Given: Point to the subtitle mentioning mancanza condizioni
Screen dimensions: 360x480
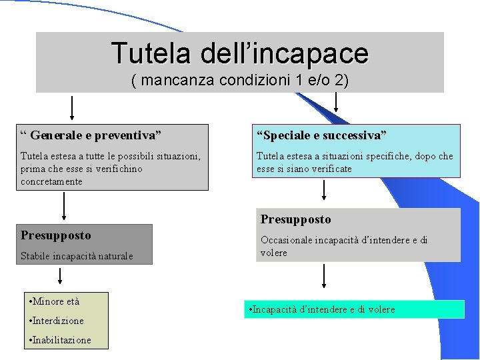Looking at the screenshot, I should [240, 81].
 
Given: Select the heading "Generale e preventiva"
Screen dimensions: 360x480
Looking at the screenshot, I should [91, 135].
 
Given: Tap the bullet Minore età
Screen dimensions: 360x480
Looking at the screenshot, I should [55, 301].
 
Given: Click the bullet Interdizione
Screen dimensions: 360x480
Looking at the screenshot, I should [57, 321].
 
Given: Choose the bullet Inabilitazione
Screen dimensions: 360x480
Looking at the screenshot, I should [61, 340].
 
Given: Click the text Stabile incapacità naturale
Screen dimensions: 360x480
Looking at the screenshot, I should [77, 255].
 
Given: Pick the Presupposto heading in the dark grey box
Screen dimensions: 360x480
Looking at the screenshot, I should [56, 235].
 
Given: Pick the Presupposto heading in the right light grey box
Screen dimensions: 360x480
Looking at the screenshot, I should [295, 219].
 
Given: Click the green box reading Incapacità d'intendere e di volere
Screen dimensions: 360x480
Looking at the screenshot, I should [354, 309].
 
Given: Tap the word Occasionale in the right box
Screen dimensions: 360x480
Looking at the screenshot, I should [287, 240].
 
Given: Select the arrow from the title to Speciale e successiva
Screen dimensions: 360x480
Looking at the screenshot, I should [335, 102].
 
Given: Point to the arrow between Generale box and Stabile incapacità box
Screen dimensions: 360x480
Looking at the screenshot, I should [64, 207].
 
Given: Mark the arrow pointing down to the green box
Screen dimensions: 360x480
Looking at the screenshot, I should [324, 277].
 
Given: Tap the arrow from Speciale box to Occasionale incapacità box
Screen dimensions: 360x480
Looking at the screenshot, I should [324, 191].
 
